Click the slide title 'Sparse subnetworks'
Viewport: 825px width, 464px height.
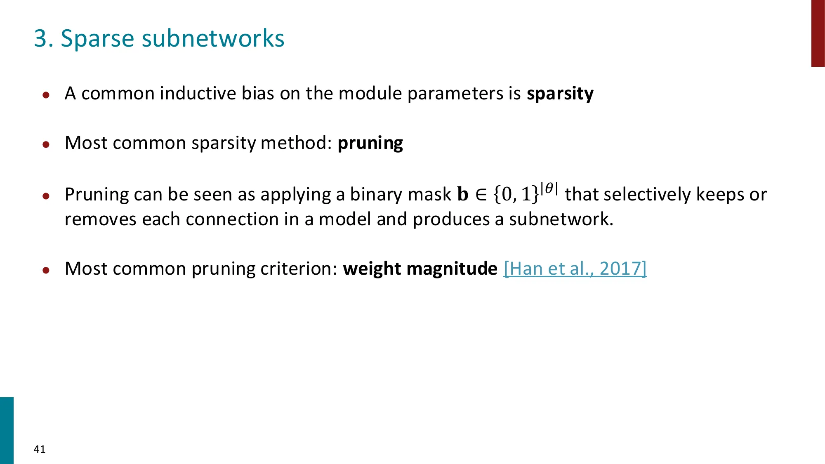tap(172, 39)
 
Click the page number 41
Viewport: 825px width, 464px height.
tap(40, 449)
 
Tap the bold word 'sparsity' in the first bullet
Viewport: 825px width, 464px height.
tap(560, 94)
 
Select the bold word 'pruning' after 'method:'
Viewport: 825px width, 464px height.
tap(370, 143)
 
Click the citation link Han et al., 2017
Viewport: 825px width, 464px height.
tap(575, 269)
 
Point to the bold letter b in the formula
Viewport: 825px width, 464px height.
tap(463, 194)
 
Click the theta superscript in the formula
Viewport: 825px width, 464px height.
tap(549, 188)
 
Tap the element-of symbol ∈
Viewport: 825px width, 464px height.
tap(481, 194)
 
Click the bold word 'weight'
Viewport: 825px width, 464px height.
tap(372, 269)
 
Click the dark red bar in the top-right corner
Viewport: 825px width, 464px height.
tap(818, 33)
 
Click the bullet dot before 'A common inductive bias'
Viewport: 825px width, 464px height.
tap(46, 95)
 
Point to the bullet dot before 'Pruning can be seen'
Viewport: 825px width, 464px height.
tap(46, 196)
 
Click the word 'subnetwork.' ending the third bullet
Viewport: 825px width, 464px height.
tap(561, 219)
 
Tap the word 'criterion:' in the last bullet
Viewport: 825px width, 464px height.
tap(299, 269)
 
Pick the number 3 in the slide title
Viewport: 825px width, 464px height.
tap(40, 39)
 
